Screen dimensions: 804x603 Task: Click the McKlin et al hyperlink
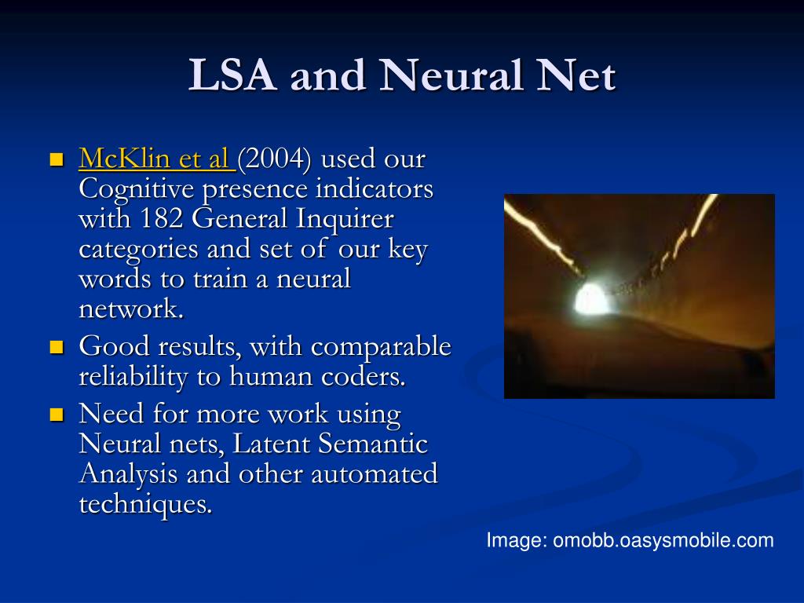coord(157,158)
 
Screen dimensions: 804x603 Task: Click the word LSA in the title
coord(232,75)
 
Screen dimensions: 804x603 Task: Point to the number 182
coord(161,218)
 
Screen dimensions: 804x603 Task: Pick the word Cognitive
coord(137,189)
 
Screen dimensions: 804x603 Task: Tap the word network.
coord(131,309)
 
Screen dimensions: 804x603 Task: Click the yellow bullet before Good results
coord(57,347)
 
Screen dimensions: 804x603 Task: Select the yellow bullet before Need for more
coord(57,415)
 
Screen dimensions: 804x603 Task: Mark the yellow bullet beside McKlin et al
coord(57,159)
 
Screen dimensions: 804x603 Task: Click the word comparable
coord(381,347)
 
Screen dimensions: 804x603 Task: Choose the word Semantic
coord(373,444)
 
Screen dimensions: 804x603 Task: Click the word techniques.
coord(145,504)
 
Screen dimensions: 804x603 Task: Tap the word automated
coord(375,473)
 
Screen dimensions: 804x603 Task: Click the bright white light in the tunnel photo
coord(590,299)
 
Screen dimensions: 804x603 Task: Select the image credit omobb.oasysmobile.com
coord(663,540)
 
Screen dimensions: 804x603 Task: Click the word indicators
coord(375,188)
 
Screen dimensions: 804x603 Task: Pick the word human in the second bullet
coord(271,376)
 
